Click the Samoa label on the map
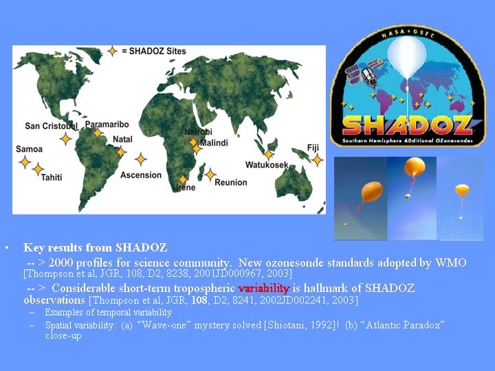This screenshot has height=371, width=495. pos(29,149)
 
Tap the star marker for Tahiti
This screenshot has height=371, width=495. pos(38,169)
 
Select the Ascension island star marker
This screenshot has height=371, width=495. pos(140,159)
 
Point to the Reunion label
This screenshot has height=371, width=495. pos(231,182)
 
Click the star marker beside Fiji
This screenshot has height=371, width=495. pos(317,160)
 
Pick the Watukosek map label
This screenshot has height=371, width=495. pos(267,165)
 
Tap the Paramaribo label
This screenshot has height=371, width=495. pos(107,124)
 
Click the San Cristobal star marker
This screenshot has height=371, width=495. pos(65,139)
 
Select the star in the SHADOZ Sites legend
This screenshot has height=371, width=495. pos(112,51)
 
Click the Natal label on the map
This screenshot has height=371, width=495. pos(122,139)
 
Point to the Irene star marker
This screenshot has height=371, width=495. pos(182,180)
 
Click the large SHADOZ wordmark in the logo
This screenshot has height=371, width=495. pos(407,126)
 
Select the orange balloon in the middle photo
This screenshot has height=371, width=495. pos(414,167)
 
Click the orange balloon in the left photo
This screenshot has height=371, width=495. pos(372,192)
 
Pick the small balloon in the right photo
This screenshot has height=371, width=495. pos(462,190)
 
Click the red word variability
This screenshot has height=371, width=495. pos(263,288)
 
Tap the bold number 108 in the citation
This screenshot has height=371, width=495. pos(199,300)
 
